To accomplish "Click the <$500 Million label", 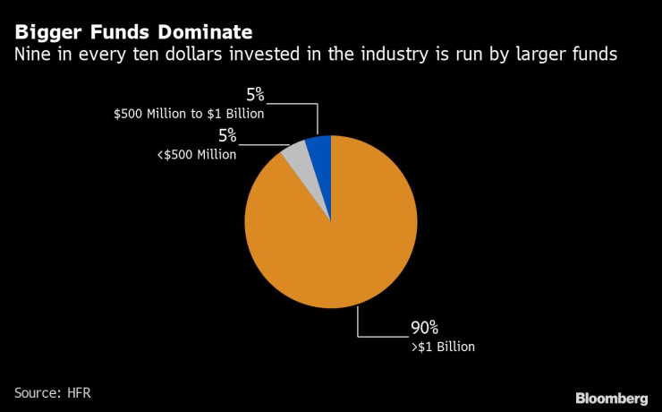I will click(198, 154).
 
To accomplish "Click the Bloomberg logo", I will click(611, 397).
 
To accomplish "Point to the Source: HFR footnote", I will click(52, 392).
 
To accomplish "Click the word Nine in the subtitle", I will click(30, 56).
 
